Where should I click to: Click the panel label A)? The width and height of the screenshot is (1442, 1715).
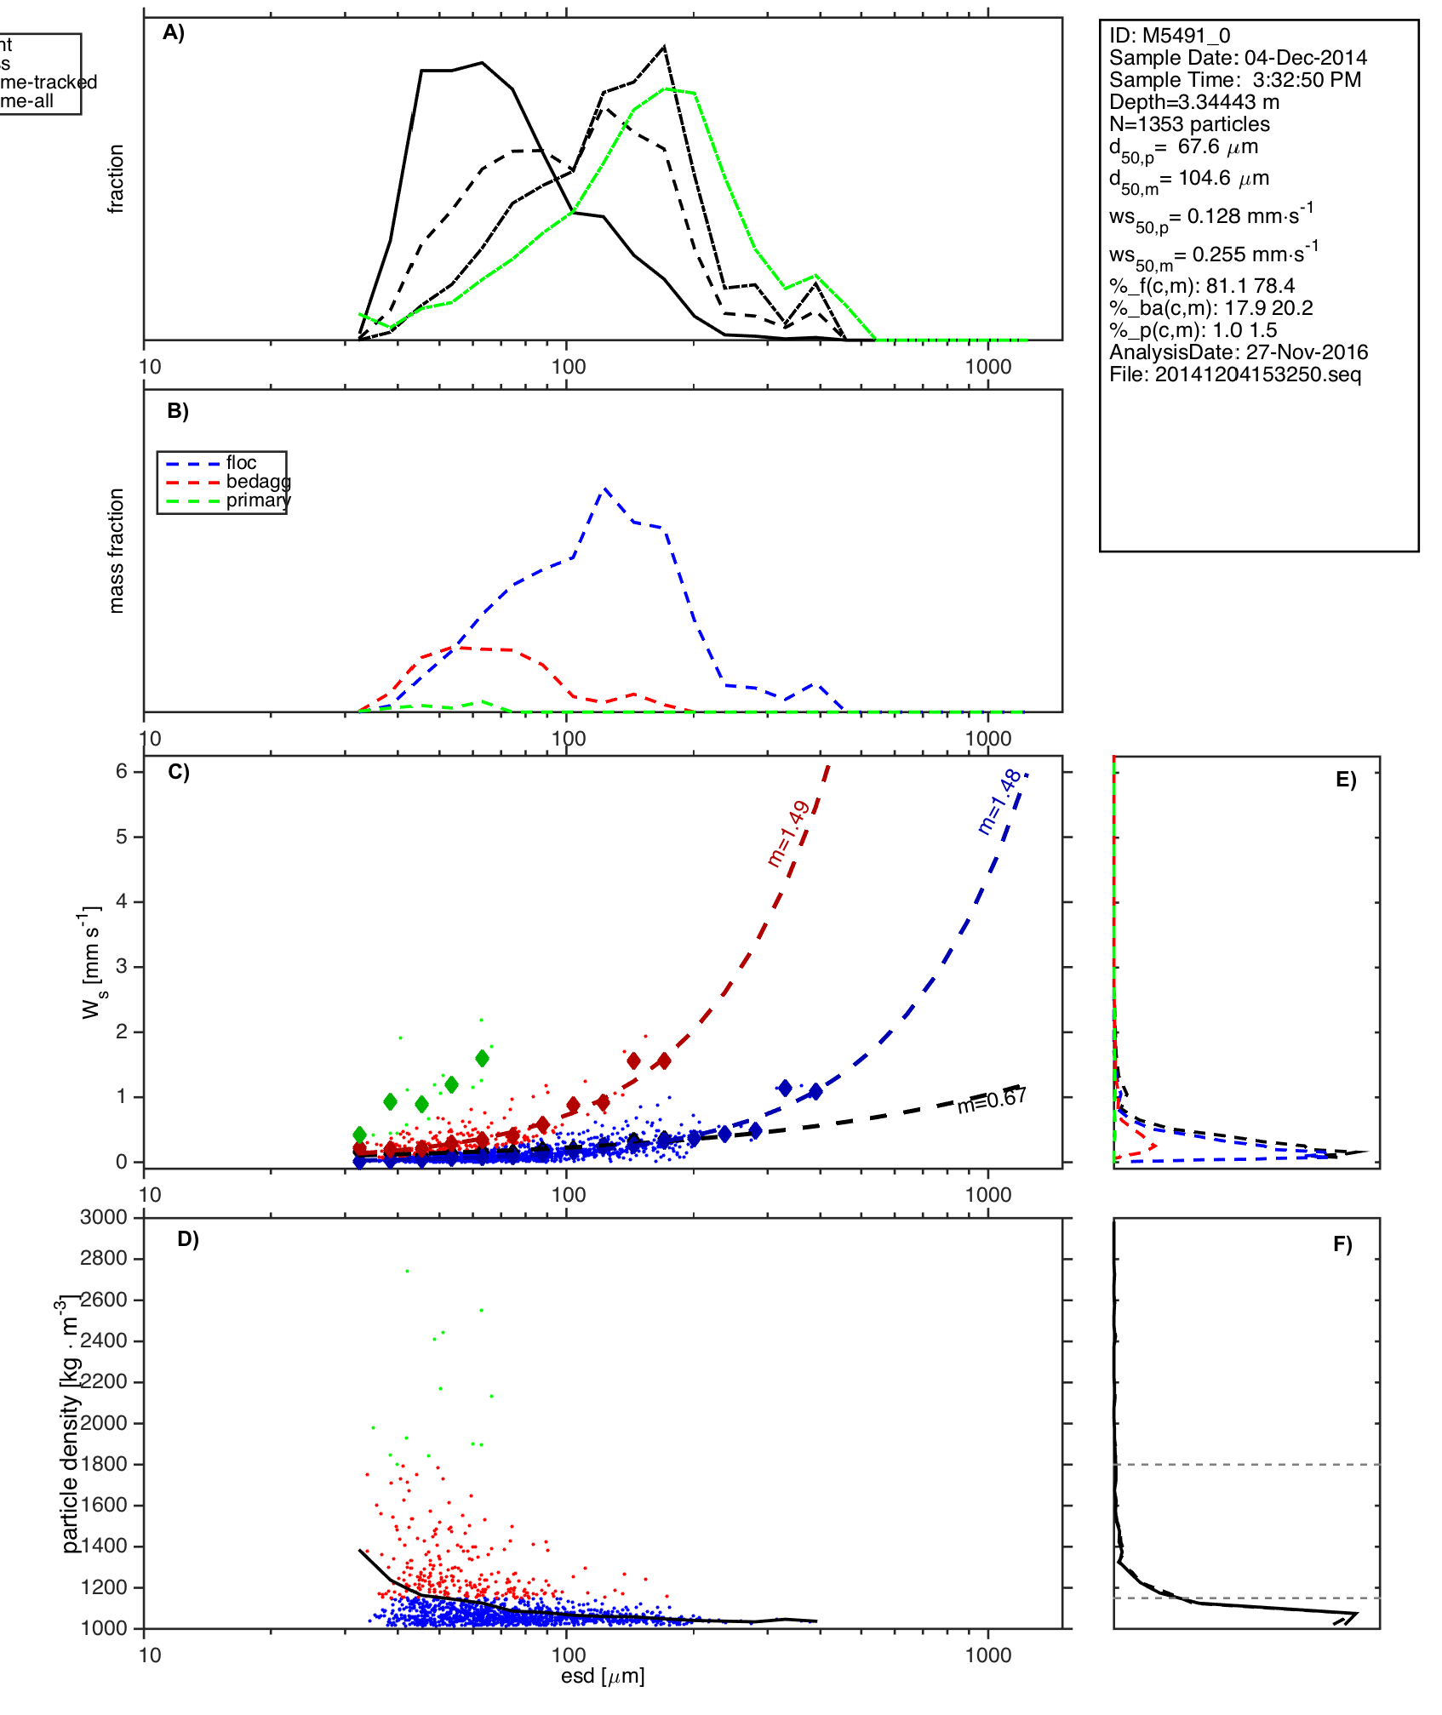174,32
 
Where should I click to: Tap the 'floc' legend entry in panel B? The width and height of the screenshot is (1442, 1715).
241,463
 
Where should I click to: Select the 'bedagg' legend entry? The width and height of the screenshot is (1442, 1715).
258,482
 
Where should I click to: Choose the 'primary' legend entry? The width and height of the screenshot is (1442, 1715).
258,500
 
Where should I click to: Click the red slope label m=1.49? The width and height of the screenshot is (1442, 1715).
787,833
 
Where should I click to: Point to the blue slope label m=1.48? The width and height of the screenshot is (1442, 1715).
999,801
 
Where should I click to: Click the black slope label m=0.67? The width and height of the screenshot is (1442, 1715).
992,1100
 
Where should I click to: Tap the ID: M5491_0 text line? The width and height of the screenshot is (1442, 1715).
1169,36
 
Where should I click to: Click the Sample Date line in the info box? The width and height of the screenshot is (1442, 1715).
1238,58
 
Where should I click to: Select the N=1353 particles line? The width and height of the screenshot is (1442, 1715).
1189,124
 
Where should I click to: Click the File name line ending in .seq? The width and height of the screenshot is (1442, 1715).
1234,374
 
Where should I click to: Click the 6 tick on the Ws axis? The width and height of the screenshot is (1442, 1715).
122,771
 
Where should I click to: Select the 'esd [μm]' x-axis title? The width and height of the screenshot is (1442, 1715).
603,1676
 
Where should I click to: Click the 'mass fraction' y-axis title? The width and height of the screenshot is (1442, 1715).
117,551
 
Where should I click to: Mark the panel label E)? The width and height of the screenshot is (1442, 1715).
1346,780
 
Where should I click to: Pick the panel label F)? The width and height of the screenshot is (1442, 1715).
1342,1244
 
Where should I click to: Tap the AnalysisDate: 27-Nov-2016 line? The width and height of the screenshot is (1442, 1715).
1238,352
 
